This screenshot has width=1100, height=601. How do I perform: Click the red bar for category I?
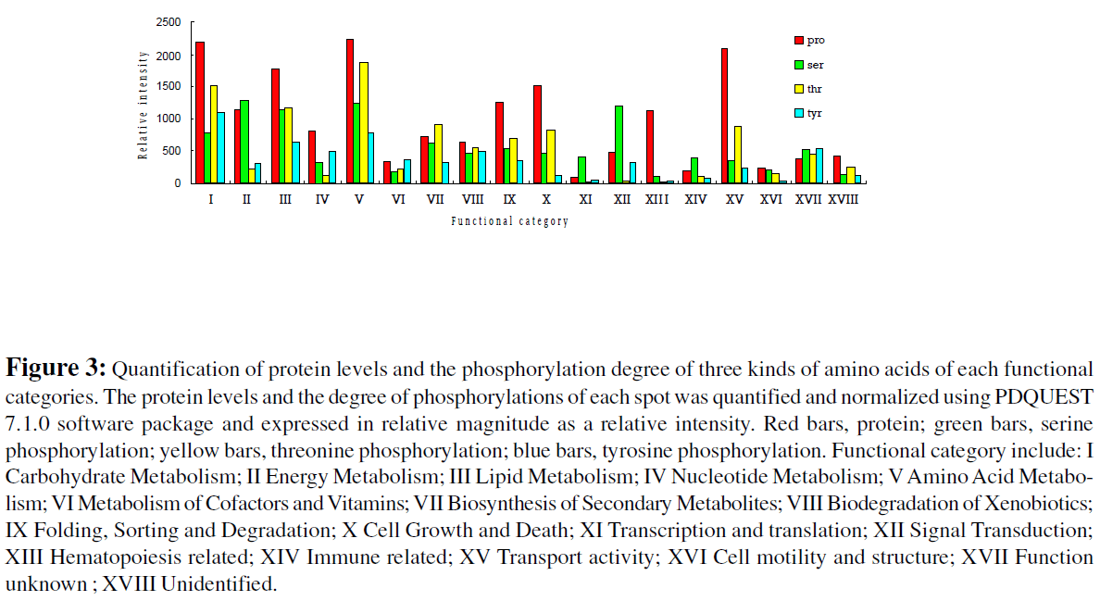200,112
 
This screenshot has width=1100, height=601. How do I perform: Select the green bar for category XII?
619,144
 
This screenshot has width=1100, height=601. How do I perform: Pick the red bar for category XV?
724,116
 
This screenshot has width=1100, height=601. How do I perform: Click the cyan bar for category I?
220,147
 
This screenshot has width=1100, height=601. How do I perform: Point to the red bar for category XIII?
650,146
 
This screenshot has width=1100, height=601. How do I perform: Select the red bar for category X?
537,134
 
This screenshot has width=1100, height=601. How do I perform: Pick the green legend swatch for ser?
798,65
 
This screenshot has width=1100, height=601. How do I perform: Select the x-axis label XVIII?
843,199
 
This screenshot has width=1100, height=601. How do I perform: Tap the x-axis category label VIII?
472,199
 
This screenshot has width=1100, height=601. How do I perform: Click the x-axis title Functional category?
509,221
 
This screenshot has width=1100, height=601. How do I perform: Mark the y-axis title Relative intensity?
144,105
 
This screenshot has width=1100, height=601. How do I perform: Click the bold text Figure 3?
56,369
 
